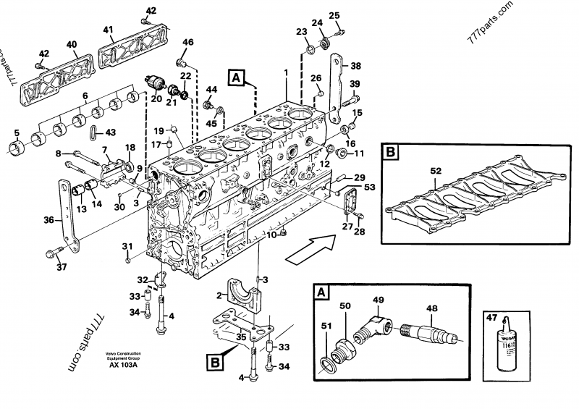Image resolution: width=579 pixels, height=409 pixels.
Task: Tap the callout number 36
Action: (48, 220)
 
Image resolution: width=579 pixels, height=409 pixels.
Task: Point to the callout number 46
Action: (187, 43)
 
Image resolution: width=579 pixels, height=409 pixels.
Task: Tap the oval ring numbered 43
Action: (93, 132)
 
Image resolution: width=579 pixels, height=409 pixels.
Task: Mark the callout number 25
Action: (334, 15)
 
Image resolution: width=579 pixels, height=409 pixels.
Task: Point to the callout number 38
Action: (355, 65)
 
